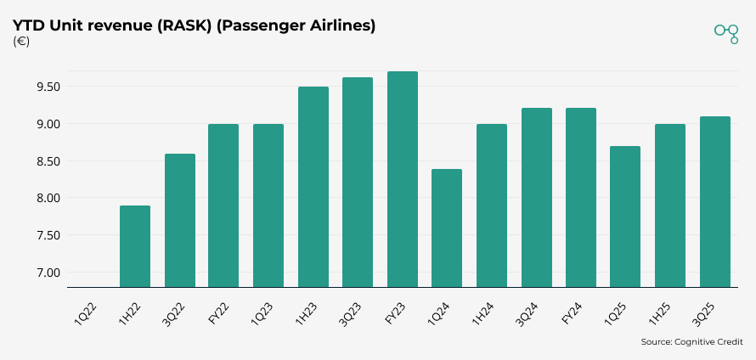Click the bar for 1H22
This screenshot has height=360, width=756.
tap(135, 246)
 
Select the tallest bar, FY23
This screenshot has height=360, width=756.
tap(403, 179)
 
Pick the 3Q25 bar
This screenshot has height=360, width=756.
tap(714, 201)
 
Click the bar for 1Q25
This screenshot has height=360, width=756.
tap(625, 217)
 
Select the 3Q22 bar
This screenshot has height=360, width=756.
tap(179, 220)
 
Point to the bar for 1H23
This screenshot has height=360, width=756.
tap(313, 187)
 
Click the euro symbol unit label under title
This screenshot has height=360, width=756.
tap(21, 42)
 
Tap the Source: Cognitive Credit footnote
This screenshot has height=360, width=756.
tap(692, 342)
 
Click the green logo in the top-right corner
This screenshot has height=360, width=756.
tap(726, 32)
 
